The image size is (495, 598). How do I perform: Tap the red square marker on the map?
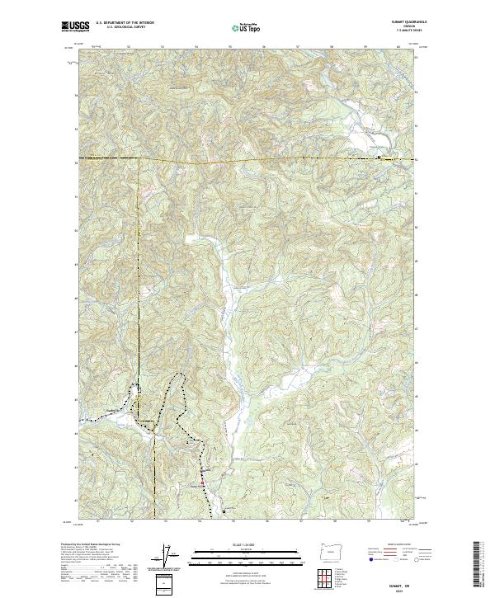tap(201, 472)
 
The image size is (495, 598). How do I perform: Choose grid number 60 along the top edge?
tap(399, 47)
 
